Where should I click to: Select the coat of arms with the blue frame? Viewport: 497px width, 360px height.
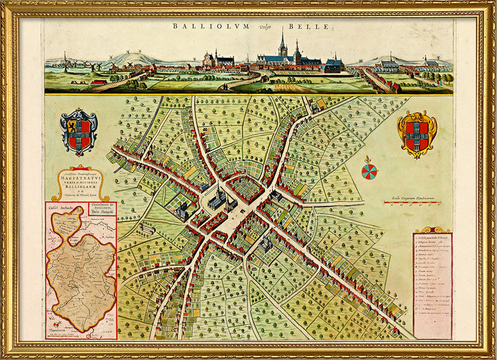tap(79, 130)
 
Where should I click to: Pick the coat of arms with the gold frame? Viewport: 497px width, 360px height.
tap(417, 133)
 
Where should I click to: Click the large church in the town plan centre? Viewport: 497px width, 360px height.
tap(217, 200)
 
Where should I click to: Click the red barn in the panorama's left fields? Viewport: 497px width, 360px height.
tap(98, 82)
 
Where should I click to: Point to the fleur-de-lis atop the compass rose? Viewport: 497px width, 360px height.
tap(369, 160)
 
